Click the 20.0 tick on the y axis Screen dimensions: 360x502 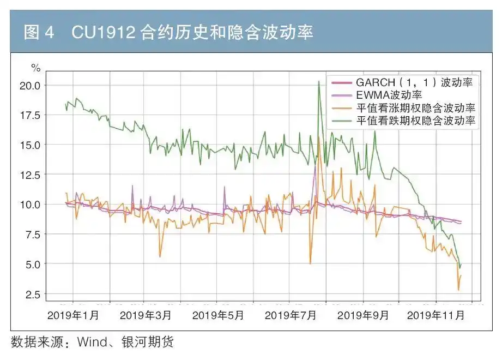(x=29, y=85)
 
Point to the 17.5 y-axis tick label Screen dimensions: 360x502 (x=29, y=115)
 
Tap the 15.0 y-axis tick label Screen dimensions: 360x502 (x=29, y=145)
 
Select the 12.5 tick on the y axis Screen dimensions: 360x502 (x=29, y=175)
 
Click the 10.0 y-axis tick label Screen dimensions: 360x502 (x=29, y=205)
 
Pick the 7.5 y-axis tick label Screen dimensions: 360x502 (x=32, y=235)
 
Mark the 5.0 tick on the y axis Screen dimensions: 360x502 (x=32, y=264)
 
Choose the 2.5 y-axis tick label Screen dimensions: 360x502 (x=32, y=294)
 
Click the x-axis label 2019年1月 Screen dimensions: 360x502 (x=73, y=315)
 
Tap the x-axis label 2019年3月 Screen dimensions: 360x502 (x=146, y=315)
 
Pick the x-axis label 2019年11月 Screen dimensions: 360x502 (x=436, y=315)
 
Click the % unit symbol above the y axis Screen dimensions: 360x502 (x=35, y=68)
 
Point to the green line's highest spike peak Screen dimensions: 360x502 (x=318, y=81)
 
